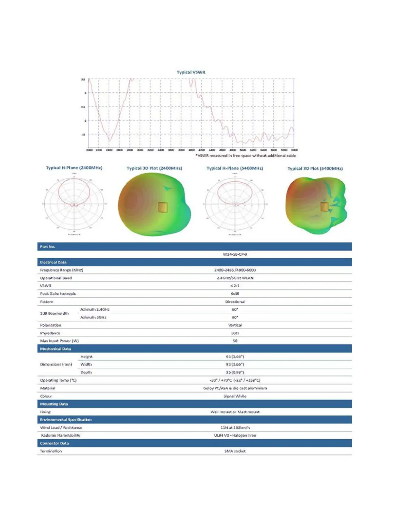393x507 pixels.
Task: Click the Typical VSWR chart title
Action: tap(191, 72)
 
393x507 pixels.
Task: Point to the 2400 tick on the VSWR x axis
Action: tap(109, 150)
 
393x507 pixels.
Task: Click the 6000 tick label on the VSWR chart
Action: tap(294, 150)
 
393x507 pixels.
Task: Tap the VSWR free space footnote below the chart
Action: tap(246, 156)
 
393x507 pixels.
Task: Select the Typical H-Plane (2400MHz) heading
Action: tap(74, 168)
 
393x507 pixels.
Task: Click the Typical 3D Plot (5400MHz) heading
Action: tap(315, 168)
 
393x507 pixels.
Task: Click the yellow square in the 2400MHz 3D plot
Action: tap(163, 207)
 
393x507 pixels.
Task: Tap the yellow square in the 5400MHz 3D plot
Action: tap(324, 207)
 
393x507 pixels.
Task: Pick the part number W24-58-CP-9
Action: tap(235, 254)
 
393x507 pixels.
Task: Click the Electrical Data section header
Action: tap(53, 262)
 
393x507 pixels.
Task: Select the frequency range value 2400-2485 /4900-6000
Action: tap(235, 270)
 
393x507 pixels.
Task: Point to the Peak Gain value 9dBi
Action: tap(235, 294)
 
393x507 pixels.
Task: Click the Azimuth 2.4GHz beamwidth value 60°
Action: tap(235, 310)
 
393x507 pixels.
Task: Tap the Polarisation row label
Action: tap(51, 325)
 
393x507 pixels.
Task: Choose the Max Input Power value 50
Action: tap(235, 341)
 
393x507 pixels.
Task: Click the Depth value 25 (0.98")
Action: tap(235, 372)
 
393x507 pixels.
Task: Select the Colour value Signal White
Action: tap(235, 396)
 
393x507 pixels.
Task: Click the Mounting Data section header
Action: tap(54, 404)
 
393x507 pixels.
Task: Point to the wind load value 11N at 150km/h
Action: tap(235, 428)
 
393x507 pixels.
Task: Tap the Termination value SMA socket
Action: tap(235, 451)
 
